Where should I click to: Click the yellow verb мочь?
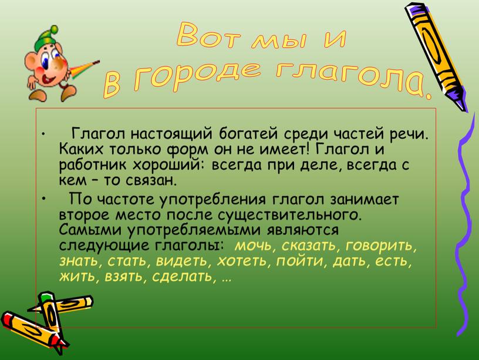pos(253,245)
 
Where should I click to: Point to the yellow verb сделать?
pos(182,277)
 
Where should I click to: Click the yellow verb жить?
pos(77,277)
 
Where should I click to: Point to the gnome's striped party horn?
pos(85,69)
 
